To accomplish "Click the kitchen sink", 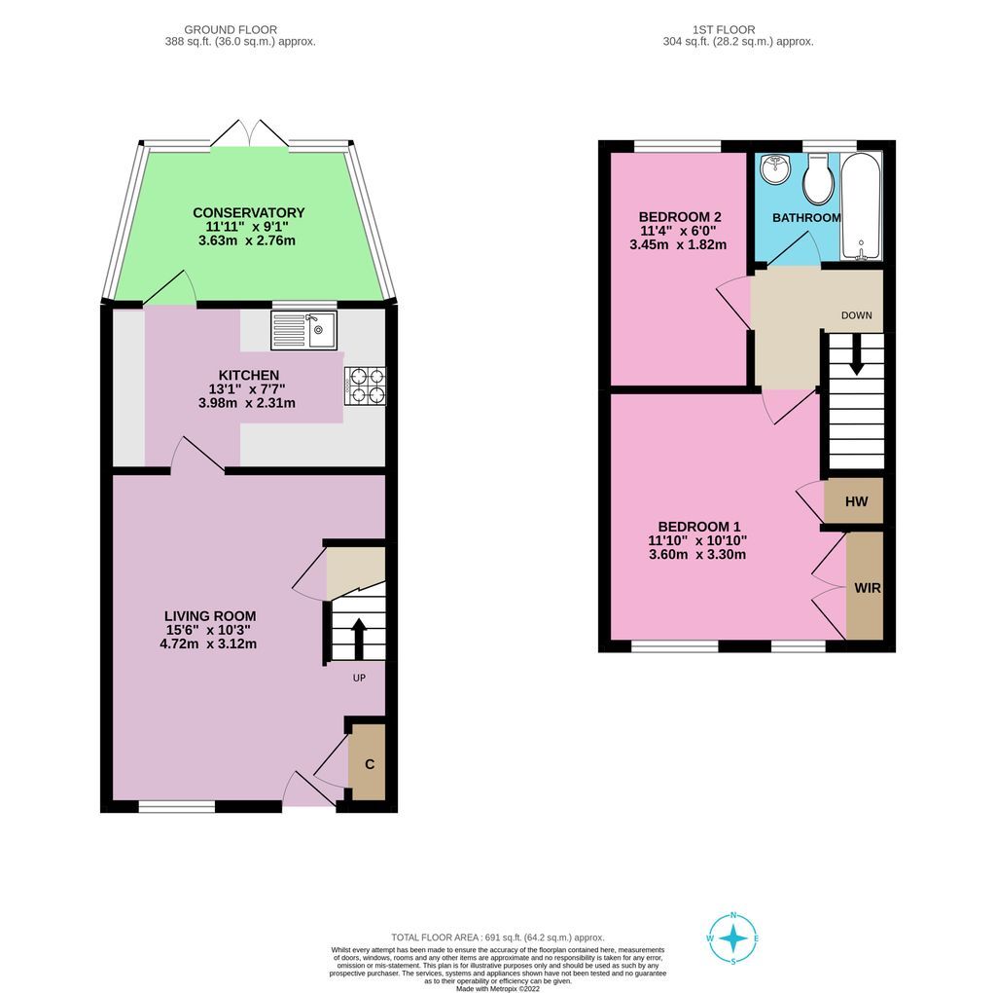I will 304,330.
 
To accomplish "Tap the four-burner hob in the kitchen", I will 365,386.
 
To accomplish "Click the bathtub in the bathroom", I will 860,206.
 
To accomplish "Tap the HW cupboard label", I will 856,502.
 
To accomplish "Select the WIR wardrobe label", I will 867,589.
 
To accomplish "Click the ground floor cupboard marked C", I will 370,763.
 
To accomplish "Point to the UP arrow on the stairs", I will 357,638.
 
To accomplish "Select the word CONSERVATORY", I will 248,212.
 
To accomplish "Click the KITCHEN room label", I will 249,375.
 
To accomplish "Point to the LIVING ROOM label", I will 210,615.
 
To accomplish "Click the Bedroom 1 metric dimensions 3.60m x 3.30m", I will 696,555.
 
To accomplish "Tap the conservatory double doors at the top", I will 249,134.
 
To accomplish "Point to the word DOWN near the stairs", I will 856,315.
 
